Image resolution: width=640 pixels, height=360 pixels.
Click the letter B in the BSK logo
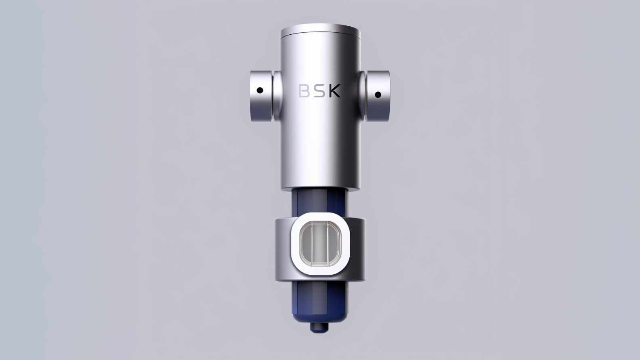pos(303,91)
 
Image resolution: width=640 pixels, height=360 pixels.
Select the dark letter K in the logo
pos(335,91)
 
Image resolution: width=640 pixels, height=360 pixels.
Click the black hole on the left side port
pos(260,91)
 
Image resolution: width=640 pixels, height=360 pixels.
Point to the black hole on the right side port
pos(378,95)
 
